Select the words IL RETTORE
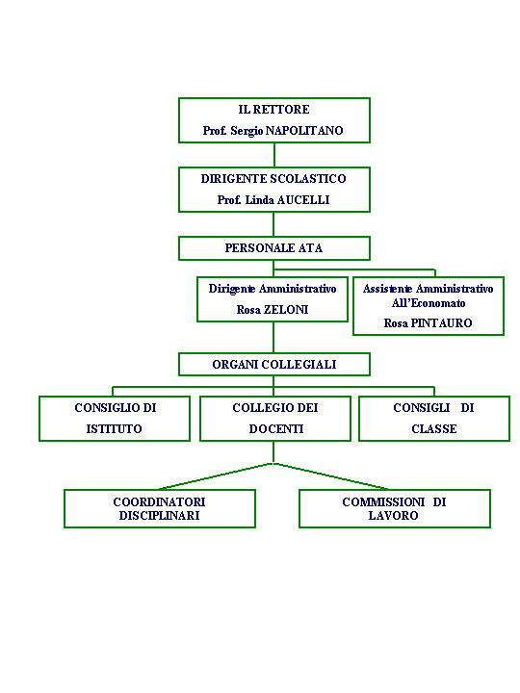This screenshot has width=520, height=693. click(x=273, y=109)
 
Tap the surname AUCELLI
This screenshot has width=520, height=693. click(x=303, y=200)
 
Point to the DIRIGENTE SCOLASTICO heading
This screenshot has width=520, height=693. click(x=273, y=179)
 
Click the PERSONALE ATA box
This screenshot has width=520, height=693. click(x=274, y=248)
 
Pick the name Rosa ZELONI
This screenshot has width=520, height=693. click(x=273, y=309)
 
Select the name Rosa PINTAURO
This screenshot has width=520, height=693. click(x=428, y=323)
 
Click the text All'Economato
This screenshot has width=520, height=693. click(x=429, y=303)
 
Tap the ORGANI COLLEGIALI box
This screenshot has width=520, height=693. click(x=274, y=364)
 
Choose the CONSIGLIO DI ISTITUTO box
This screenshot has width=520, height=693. click(x=115, y=419)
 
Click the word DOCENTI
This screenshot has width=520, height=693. click(x=276, y=428)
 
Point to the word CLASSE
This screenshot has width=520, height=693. click(x=434, y=428)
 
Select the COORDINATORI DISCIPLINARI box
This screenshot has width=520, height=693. click(x=160, y=509)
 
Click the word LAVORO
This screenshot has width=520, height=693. click(x=393, y=515)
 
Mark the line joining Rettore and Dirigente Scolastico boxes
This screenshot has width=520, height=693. click(x=274, y=155)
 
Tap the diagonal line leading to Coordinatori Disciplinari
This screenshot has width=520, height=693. click(x=216, y=476)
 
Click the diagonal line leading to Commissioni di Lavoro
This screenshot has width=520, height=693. click(x=330, y=476)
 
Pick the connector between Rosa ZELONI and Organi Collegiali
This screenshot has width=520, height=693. click(x=273, y=337)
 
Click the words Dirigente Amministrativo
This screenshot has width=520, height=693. click(x=273, y=289)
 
